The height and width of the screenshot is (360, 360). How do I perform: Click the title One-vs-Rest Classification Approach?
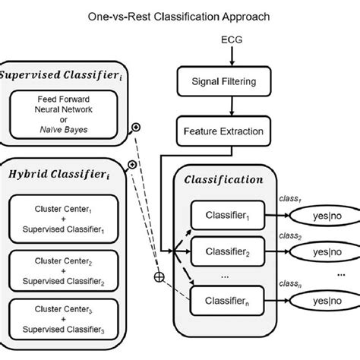(180, 13)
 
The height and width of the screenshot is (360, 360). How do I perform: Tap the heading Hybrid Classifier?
(57, 173)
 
